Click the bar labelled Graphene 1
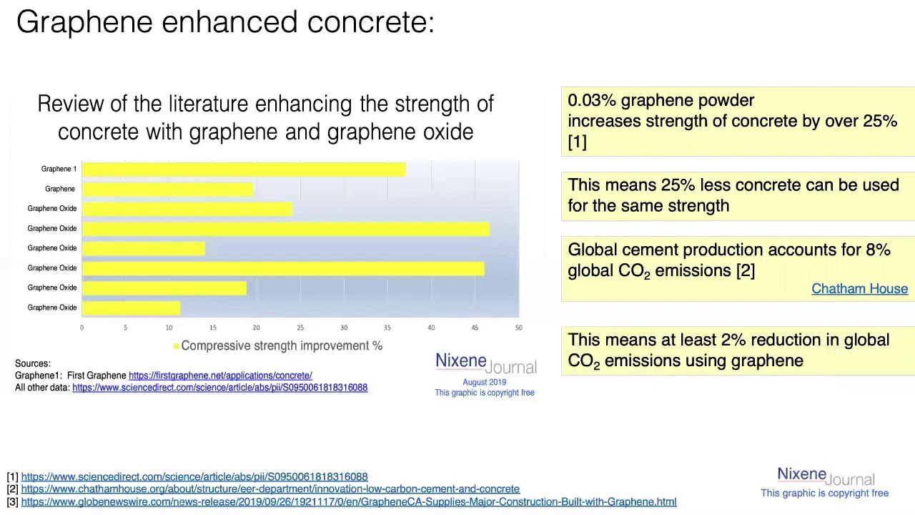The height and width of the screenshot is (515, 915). coord(243,170)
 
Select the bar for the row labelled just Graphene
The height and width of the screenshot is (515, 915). coord(168,189)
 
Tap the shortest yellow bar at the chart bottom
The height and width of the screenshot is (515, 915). coord(131,308)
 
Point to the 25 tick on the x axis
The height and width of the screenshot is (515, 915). coord(300,328)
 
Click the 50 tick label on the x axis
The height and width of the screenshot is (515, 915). coord(518,328)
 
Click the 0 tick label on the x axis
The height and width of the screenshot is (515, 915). coord(81,328)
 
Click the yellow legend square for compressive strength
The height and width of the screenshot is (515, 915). coord(176,346)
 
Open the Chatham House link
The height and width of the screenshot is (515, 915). coord(859,289)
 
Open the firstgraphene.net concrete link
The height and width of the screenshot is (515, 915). coord(220,376)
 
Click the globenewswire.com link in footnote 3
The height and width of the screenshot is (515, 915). coord(348,502)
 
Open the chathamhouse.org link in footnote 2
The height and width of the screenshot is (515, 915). coord(270,489)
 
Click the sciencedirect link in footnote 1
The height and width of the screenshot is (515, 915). coord(194,477)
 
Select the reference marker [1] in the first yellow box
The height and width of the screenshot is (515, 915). coord(577,142)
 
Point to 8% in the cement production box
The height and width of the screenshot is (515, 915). coord(878,250)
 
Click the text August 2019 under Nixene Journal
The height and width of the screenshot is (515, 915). coord(484,382)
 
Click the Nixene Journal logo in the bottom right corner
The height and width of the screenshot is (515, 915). coord(825,476)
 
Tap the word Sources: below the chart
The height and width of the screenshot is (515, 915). coord(33,363)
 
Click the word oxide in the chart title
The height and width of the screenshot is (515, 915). coord(448,132)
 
